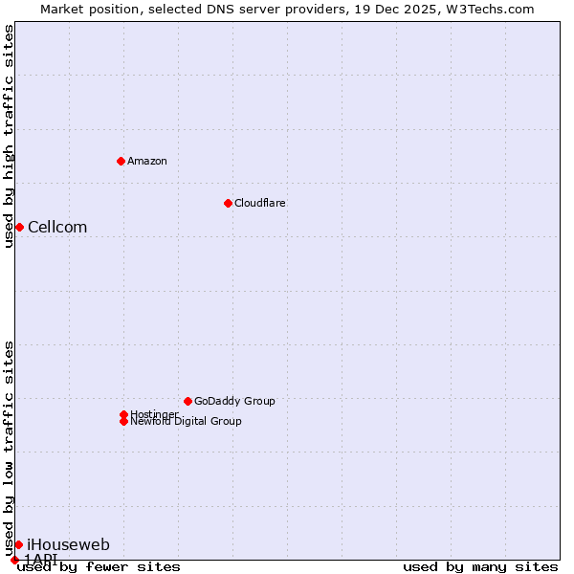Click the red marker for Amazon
click(121, 161)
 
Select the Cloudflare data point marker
click(228, 203)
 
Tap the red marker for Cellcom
click(19, 227)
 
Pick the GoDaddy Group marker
click(188, 401)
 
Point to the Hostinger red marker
click(123, 414)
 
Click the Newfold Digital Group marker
click(123, 421)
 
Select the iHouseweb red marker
click(18, 544)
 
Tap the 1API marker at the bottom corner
click(14, 560)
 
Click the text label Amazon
click(146, 161)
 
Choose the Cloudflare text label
click(259, 203)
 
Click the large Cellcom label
click(57, 227)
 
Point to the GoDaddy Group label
click(234, 401)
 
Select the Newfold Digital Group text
click(186, 421)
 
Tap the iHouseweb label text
click(68, 544)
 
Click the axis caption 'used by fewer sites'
click(99, 566)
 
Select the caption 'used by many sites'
click(480, 566)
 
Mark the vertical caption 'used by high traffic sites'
click(9, 136)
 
